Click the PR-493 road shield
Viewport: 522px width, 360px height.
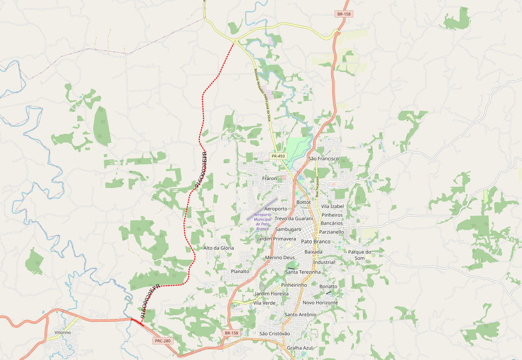279,157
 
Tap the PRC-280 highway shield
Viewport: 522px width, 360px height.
163,341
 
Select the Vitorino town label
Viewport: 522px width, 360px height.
62,333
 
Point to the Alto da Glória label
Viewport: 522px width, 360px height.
219,248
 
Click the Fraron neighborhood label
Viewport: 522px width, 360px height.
269,178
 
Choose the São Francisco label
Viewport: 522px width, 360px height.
323,159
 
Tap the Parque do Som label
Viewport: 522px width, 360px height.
360,255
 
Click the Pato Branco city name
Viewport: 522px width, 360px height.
316,242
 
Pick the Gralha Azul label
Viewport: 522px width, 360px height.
300,348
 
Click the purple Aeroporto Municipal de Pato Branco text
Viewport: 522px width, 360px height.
263,221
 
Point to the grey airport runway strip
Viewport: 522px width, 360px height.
262,209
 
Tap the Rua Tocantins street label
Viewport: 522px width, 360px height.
317,187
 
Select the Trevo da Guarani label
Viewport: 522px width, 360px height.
294,219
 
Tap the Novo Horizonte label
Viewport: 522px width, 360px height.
320,303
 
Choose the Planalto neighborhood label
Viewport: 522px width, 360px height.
240,272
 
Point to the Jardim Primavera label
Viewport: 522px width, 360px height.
277,239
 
